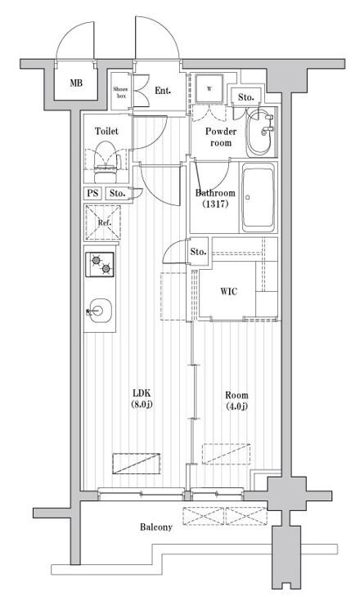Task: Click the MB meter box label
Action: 76,83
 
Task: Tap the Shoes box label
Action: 121,92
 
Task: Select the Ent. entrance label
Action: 163,91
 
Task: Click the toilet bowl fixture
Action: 106,162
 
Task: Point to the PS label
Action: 92,193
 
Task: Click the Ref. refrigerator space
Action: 103,222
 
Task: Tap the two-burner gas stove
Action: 100,264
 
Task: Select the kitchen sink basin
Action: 99,311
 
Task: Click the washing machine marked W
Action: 209,89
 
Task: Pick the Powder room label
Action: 220,137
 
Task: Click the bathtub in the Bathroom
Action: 259,197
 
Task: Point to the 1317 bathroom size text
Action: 215,204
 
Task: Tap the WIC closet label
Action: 228,291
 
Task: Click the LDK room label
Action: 142,392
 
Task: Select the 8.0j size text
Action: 142,404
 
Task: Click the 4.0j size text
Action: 236,406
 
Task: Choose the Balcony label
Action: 156,527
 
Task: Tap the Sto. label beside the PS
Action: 117,193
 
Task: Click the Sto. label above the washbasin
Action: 245,97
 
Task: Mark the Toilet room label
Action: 106,131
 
